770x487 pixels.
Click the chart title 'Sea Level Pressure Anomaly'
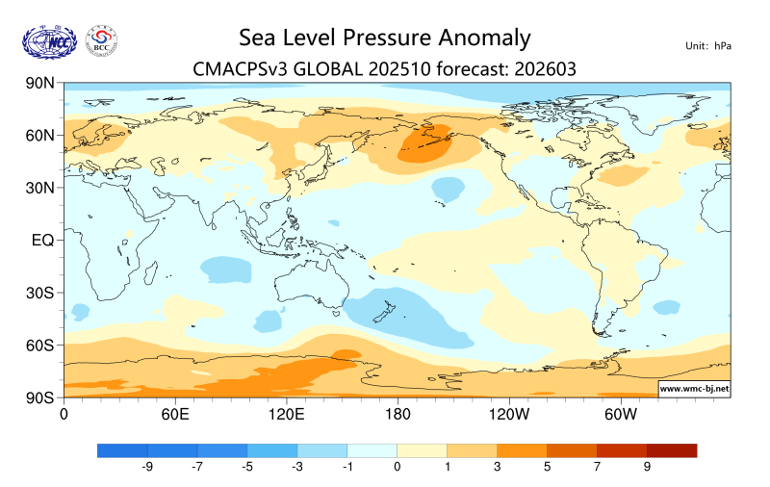384,38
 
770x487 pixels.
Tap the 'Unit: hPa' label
707,46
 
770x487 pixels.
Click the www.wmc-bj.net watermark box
693,389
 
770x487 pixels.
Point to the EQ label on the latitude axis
41,240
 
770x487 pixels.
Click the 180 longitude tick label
397,414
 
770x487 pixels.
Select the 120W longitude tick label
508,414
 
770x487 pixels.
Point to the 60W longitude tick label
621,414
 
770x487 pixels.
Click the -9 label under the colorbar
147,467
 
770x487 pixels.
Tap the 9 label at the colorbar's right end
647,467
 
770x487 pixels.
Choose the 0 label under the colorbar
397,467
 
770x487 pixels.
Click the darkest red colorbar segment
671,449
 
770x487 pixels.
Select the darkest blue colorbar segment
122,449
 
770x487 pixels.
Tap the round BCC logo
102,40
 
